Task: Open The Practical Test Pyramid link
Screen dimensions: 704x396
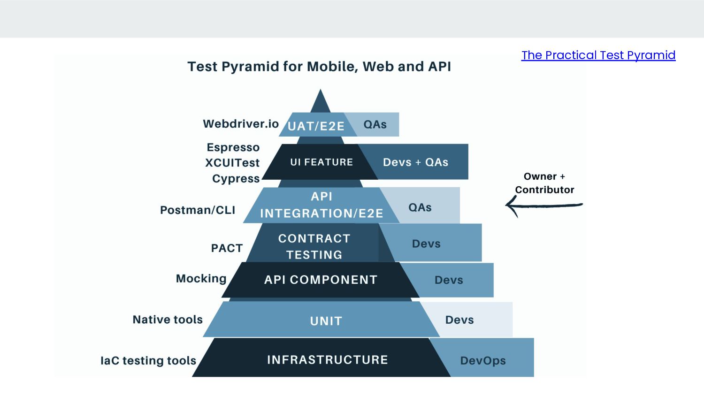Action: (x=598, y=55)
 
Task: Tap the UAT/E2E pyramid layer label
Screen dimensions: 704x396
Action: (x=316, y=126)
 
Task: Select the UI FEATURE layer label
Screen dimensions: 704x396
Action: (x=321, y=162)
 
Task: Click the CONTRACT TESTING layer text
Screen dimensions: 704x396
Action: (x=314, y=246)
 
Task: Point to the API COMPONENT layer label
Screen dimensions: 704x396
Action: (x=321, y=280)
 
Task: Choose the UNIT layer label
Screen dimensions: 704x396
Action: (x=326, y=321)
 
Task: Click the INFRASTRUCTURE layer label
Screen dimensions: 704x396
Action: (x=327, y=360)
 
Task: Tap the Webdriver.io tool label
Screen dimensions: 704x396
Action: (x=241, y=124)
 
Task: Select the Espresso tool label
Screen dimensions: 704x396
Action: (x=233, y=147)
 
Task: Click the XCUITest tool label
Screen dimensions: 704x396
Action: (x=232, y=163)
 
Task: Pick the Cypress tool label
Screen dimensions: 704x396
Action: (x=236, y=179)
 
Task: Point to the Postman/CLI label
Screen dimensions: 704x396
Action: (x=198, y=210)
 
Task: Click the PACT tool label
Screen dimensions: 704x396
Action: (x=227, y=248)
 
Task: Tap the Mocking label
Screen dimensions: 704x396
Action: (x=201, y=279)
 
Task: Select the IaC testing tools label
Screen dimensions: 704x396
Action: (x=148, y=360)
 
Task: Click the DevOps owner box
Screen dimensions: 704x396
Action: (x=483, y=360)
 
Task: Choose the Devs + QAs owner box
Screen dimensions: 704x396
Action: (x=415, y=162)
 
